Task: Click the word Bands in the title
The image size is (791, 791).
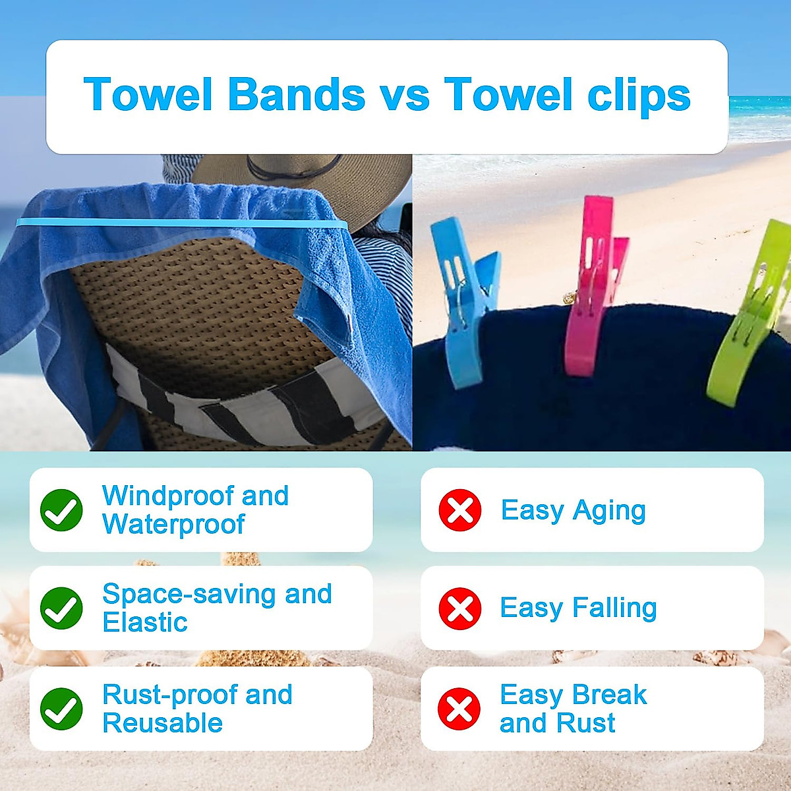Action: [x=296, y=94]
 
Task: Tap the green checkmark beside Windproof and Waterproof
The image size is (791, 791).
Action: [x=61, y=510]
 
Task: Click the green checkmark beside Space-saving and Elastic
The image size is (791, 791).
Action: [x=61, y=608]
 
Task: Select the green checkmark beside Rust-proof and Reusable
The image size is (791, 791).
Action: [x=61, y=709]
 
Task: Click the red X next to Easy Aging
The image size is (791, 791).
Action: [x=459, y=510]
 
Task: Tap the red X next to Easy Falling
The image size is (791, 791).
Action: [x=459, y=608]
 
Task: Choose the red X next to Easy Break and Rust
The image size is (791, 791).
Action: [x=459, y=709]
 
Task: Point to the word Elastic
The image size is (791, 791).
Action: [x=145, y=622]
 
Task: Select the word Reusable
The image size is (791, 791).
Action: [x=162, y=723]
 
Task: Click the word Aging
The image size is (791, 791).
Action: [x=609, y=511]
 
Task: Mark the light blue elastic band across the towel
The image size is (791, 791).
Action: [x=178, y=223]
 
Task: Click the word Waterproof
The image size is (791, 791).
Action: [x=173, y=525]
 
